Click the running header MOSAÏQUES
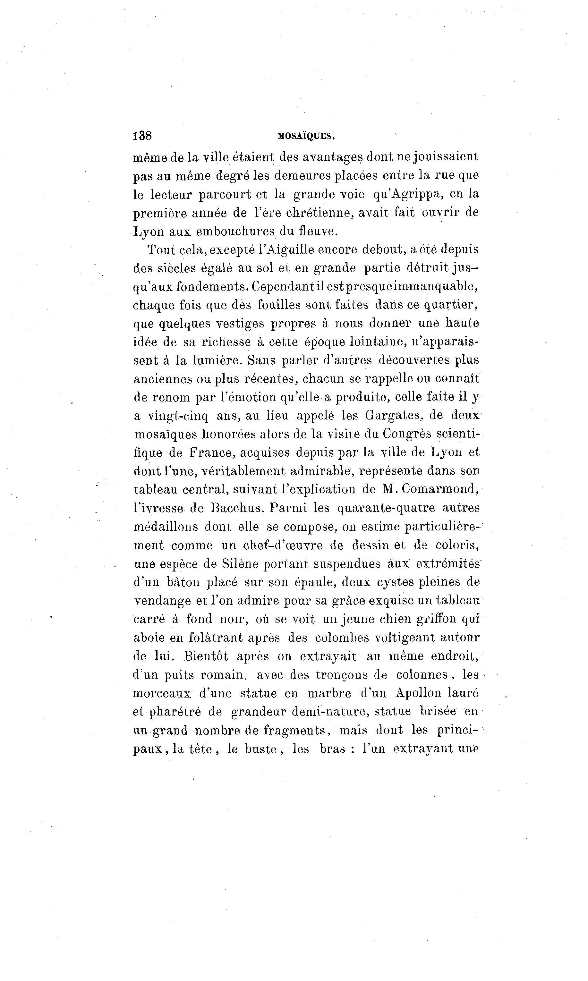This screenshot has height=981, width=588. [306, 136]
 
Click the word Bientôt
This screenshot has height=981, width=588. [206, 656]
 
